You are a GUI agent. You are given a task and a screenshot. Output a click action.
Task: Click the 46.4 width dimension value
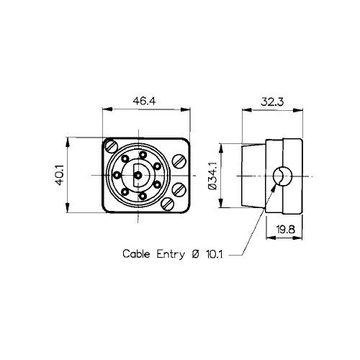(144, 101)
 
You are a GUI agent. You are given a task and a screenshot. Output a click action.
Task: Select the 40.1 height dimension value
(60, 175)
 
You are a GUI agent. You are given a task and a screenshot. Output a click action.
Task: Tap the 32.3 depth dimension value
(272, 102)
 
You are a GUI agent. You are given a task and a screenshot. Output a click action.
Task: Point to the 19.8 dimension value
(285, 230)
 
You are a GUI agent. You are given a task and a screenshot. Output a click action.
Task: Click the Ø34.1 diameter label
(213, 176)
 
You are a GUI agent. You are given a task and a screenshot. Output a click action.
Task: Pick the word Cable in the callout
(136, 253)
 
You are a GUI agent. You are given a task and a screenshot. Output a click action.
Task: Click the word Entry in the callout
(171, 254)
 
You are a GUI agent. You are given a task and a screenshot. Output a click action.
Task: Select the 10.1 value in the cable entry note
(215, 254)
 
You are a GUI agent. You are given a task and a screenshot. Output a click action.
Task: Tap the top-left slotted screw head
(112, 146)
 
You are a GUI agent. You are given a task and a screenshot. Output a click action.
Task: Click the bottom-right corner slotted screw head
(168, 204)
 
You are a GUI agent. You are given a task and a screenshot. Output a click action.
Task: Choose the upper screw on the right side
(179, 161)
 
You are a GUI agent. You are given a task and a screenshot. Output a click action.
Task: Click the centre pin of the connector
(138, 176)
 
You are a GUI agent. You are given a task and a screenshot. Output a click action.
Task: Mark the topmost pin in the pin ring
(143, 155)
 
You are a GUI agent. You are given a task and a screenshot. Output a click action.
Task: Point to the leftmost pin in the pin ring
(117, 175)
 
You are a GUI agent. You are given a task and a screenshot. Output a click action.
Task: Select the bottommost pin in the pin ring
(143, 196)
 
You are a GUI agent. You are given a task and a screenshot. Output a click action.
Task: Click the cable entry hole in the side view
(283, 176)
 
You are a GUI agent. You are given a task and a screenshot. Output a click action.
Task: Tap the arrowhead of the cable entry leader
(274, 189)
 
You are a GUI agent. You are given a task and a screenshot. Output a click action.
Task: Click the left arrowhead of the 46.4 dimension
(107, 109)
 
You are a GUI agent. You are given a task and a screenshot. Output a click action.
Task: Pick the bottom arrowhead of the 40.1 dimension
(68, 208)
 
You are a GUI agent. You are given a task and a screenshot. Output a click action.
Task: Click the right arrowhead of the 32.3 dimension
(298, 110)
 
